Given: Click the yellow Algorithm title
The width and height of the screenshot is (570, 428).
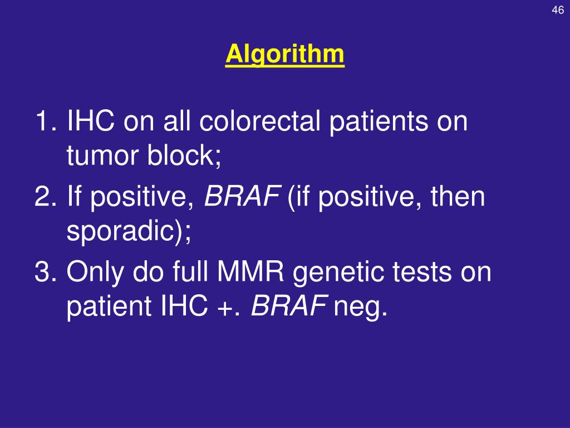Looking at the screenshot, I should coord(285,55).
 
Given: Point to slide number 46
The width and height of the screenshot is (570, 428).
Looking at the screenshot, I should coord(558,11).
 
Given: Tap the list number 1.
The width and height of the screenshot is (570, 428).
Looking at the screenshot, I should coord(44,121).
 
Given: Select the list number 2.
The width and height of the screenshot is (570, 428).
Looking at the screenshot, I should coord(44,197).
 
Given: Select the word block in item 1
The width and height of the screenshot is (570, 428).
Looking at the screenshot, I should coord(183,158).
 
